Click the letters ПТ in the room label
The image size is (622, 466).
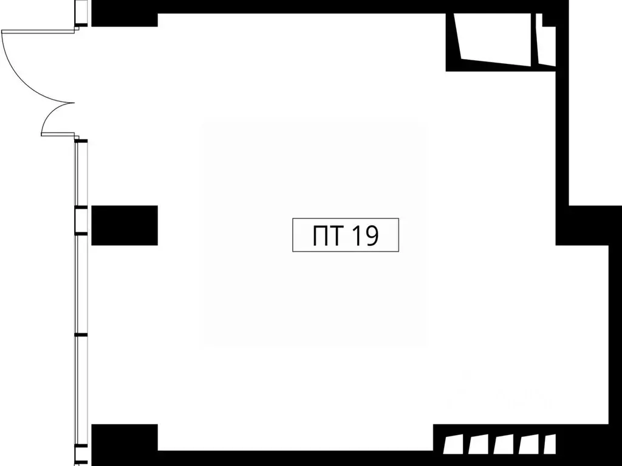[327, 235]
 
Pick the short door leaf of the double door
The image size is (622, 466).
[58, 134]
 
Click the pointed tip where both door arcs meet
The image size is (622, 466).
[74, 102]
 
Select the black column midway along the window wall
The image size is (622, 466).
[125, 225]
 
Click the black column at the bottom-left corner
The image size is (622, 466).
[125, 444]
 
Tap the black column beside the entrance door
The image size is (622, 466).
[125, 19]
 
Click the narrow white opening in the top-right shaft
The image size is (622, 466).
[546, 40]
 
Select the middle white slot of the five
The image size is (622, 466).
[504, 444]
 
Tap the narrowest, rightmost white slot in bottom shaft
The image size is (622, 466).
[550, 444]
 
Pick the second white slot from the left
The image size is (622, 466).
[479, 444]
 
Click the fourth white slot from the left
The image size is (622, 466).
[528, 444]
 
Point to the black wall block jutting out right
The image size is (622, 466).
[589, 225]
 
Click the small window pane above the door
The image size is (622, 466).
[81, 12]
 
